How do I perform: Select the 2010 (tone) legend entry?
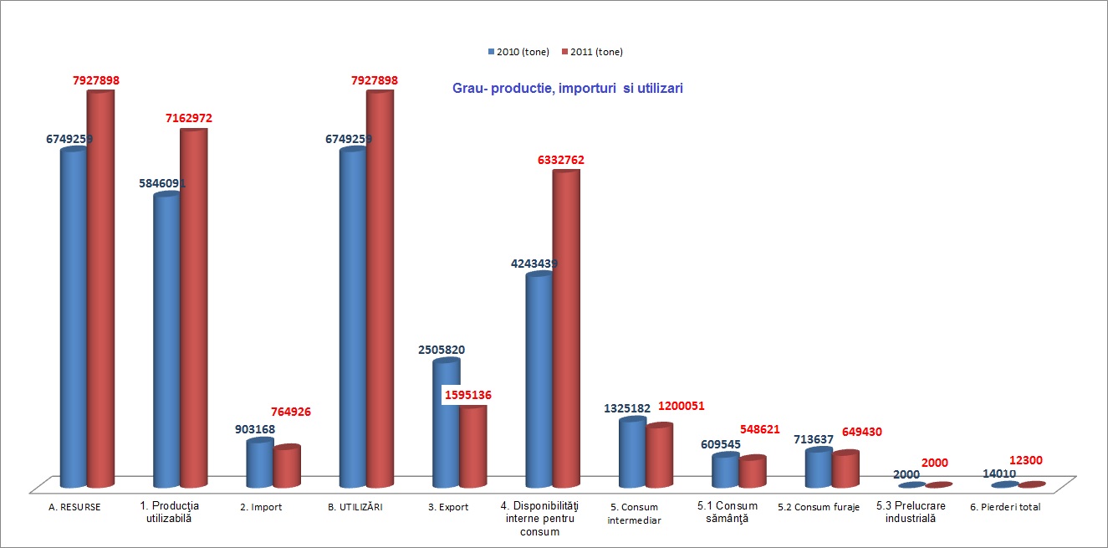[518, 52]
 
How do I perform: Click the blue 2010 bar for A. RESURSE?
[74, 318]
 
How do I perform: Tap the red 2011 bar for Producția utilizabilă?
[193, 310]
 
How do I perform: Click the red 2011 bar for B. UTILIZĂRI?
[380, 289]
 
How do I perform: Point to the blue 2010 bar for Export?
[446, 423]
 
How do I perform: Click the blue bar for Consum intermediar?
[632, 452]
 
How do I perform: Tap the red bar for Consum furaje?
[845, 469]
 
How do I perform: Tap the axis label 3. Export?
[448, 507]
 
